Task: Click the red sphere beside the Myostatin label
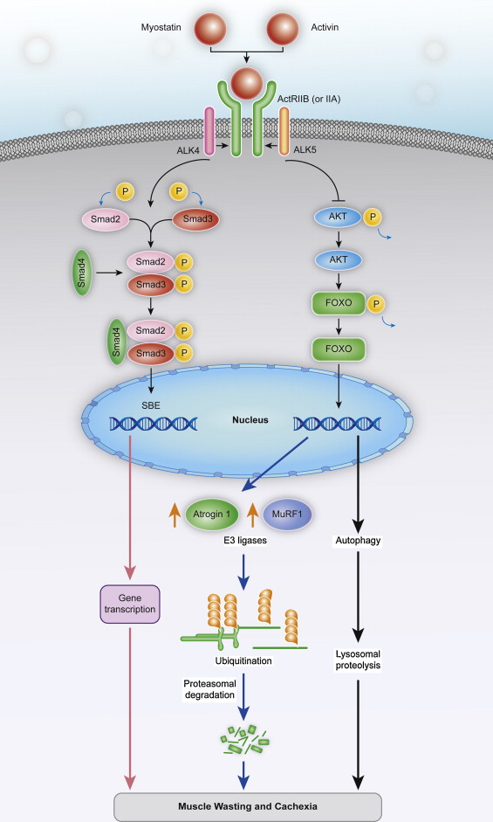click(210, 28)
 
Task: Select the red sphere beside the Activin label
click(283, 28)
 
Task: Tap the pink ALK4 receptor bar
click(209, 131)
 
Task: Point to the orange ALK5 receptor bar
click(284, 131)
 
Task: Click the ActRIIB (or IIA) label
click(309, 99)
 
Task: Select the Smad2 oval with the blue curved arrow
click(106, 219)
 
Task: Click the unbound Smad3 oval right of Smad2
click(196, 219)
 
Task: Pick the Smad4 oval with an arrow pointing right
click(82, 273)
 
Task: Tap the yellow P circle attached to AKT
click(373, 217)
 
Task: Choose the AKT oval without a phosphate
click(339, 259)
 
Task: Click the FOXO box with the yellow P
click(339, 303)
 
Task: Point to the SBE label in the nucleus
click(151, 405)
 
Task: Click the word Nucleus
click(250, 420)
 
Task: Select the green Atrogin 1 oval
click(212, 515)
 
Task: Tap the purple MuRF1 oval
click(287, 515)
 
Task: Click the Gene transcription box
click(130, 604)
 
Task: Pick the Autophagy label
click(358, 541)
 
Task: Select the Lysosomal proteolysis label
click(358, 660)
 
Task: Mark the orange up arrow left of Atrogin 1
click(175, 515)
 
